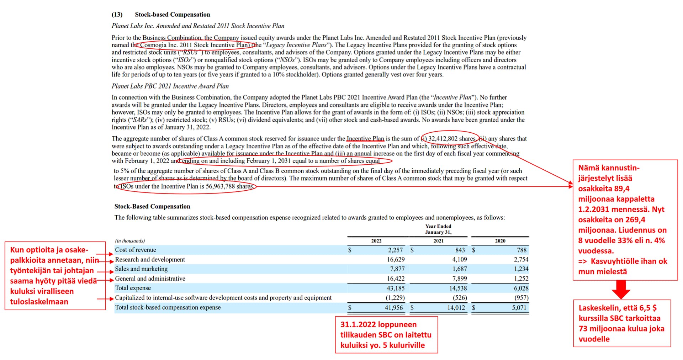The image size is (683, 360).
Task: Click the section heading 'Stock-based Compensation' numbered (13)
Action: tap(172, 15)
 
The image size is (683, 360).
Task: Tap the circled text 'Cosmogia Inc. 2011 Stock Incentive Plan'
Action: tap(194, 45)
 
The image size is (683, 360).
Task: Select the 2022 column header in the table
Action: tap(376, 241)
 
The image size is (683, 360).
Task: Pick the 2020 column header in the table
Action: tap(500, 241)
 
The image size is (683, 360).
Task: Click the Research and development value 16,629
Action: tap(396, 260)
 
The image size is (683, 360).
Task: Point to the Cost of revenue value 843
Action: tap(460, 250)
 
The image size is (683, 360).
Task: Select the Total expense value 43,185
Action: tap(396, 288)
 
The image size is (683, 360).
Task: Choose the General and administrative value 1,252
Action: tap(521, 279)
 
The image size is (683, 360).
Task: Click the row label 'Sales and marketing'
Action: tap(141, 269)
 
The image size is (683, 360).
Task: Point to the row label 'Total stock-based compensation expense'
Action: tap(168, 308)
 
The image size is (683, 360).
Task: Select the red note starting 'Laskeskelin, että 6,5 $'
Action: tap(621, 323)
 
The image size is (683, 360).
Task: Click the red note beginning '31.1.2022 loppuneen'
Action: tap(386, 335)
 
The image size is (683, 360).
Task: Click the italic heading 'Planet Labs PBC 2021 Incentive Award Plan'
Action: tap(170, 86)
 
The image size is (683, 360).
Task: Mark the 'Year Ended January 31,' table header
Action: tap(438, 229)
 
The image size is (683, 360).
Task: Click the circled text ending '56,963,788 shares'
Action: tap(186, 186)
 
